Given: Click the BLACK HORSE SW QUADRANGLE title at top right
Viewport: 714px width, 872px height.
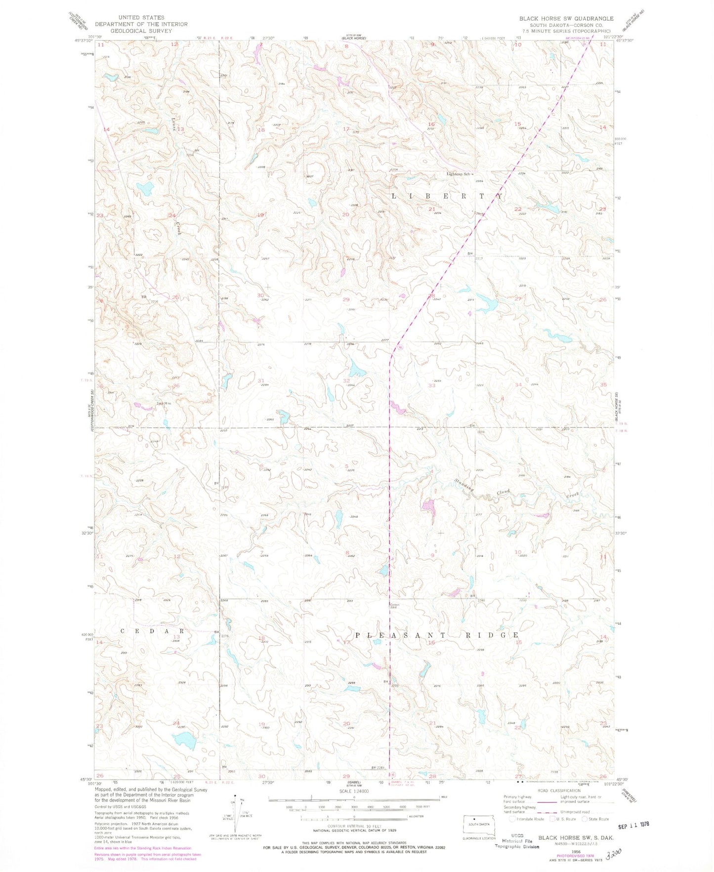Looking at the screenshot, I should [x=566, y=18].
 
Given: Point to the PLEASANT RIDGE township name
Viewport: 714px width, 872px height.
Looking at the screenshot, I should [x=436, y=635].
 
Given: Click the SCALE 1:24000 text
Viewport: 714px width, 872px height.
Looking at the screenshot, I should [x=353, y=791].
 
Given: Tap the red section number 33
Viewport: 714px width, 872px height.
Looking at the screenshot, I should [x=431, y=385].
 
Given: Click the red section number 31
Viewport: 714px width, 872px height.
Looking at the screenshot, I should [x=261, y=380].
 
